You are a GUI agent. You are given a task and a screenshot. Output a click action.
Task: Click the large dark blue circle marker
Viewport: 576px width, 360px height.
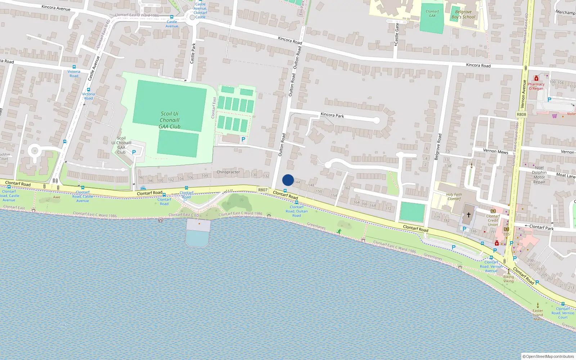pyautogui.click(x=288, y=180)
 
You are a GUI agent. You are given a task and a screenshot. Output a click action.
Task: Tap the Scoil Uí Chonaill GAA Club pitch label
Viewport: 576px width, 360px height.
pyautogui.click(x=170, y=120)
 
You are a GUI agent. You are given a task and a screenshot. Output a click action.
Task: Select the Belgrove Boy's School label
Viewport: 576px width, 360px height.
pyautogui.click(x=463, y=14)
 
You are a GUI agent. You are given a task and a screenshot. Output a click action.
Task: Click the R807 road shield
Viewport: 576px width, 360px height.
pyautogui.click(x=263, y=190)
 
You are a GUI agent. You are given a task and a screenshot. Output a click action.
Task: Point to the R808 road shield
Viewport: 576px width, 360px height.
pyautogui.click(x=521, y=114)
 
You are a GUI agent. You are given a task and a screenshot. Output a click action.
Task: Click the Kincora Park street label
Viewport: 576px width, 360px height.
pyautogui.click(x=332, y=115)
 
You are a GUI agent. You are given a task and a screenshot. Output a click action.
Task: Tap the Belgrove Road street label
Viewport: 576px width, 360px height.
pyautogui.click(x=438, y=147)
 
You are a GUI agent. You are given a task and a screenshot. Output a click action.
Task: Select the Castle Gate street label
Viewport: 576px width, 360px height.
pyautogui.click(x=397, y=34)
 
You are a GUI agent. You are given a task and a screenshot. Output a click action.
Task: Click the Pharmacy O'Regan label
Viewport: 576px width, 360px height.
pyautogui.click(x=536, y=86)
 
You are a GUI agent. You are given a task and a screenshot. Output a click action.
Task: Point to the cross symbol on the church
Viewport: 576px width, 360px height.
pyautogui.click(x=469, y=215)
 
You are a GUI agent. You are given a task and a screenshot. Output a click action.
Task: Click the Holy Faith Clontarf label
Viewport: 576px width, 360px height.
pyautogui.click(x=454, y=197)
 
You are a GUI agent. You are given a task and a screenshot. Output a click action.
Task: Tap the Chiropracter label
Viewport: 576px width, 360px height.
pyautogui.click(x=228, y=172)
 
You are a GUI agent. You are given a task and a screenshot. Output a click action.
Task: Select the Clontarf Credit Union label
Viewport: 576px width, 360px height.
pyautogui.click(x=493, y=220)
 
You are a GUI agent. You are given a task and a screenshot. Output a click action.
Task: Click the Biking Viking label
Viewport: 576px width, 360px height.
pyautogui.click(x=508, y=279)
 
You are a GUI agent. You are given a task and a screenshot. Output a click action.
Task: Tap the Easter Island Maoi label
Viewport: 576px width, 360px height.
pyautogui.click(x=538, y=315)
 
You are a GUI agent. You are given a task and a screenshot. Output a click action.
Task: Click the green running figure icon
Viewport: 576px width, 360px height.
pyautogui.click(x=339, y=231)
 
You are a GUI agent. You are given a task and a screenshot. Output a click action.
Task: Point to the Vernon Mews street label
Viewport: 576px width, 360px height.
pyautogui.click(x=496, y=151)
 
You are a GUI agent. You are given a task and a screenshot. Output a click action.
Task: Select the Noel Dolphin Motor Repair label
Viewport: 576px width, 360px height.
pyautogui.click(x=539, y=175)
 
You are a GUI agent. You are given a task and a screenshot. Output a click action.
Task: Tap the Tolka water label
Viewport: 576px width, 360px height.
pyautogui.click(x=63, y=325)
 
